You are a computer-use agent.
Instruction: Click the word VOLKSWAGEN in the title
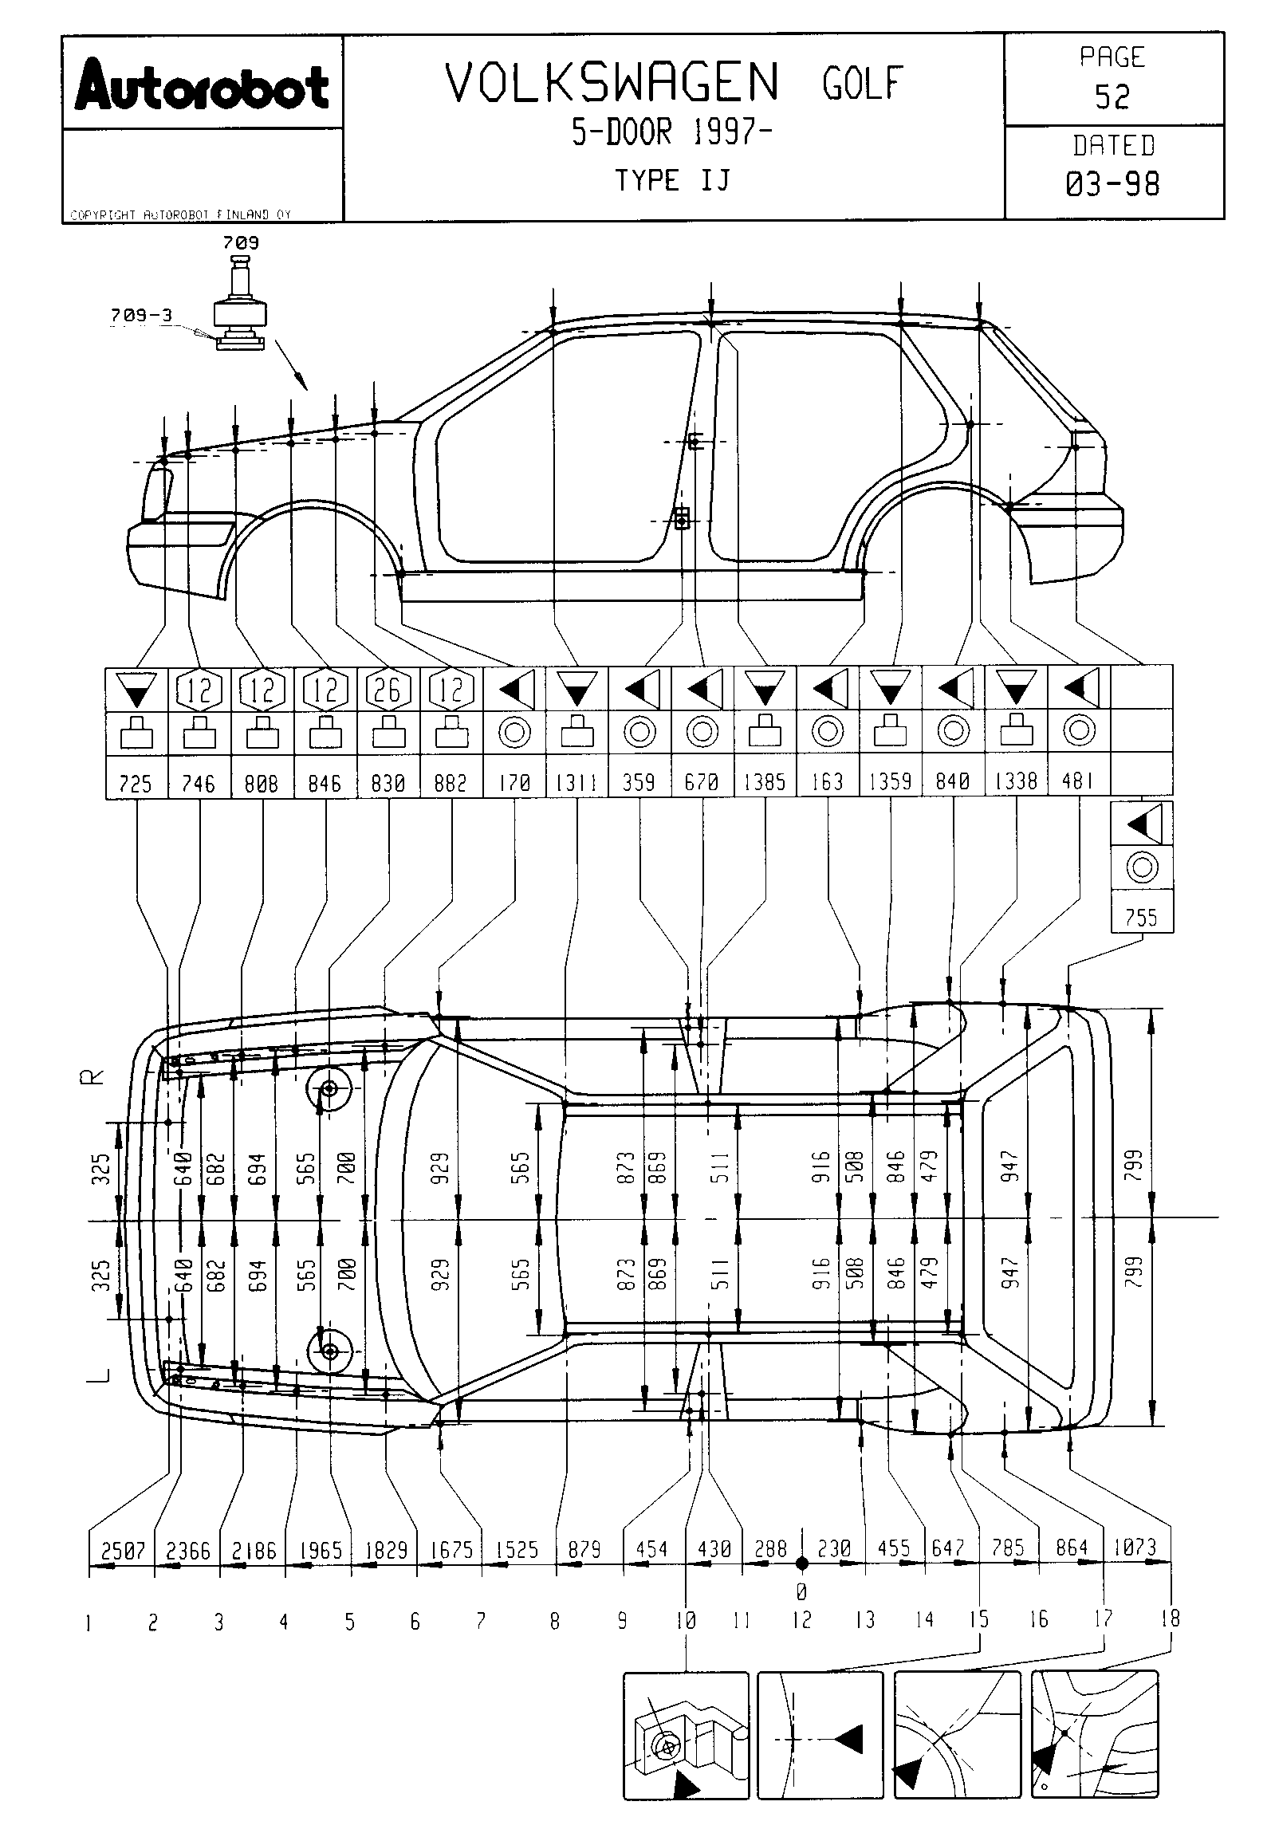point(612,83)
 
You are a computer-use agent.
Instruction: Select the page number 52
point(1112,96)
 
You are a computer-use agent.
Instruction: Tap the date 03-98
point(1112,184)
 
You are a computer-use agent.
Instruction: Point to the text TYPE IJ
point(671,181)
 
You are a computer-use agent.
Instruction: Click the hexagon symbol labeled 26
point(388,689)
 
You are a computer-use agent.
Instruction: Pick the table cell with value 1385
point(765,781)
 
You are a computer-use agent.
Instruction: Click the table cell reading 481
point(1078,781)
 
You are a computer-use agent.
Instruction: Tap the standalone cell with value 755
point(1141,917)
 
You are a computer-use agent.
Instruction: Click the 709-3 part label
point(141,315)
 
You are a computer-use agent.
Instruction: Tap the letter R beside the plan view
point(93,1077)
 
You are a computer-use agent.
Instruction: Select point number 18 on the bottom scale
point(1171,1619)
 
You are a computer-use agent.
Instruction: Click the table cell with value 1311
point(576,781)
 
